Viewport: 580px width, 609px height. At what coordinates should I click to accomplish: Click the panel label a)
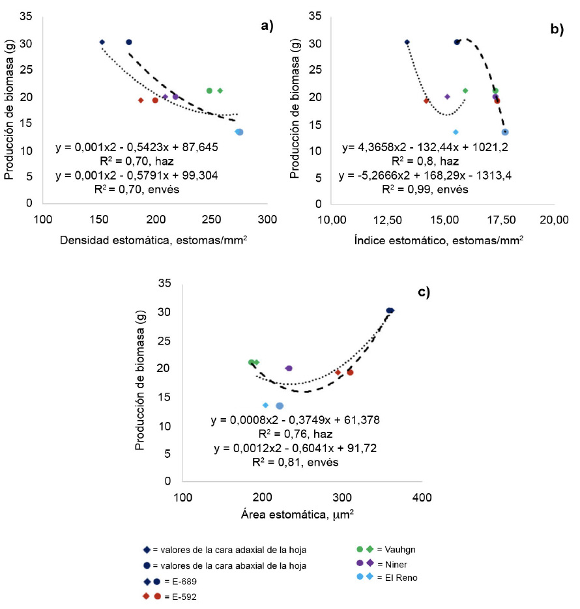point(266,25)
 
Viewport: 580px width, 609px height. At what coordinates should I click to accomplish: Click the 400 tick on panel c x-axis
point(422,498)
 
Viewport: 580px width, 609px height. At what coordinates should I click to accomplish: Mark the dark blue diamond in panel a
point(102,42)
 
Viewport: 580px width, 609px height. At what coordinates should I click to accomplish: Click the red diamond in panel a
point(141,100)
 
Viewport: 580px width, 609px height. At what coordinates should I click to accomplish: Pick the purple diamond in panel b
point(447,97)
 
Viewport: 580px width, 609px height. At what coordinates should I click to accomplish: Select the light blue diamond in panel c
point(265,405)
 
